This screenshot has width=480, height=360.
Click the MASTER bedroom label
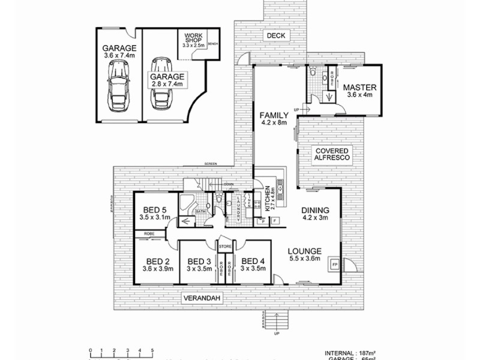(x=358, y=88)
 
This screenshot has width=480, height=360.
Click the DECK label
(x=276, y=36)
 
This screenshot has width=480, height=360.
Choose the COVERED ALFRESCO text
(x=329, y=153)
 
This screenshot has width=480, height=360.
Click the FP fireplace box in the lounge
(x=334, y=264)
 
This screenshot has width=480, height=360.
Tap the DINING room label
(x=315, y=210)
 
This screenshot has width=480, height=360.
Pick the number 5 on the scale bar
(x=152, y=349)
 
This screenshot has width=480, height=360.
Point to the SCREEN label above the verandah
(x=211, y=164)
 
